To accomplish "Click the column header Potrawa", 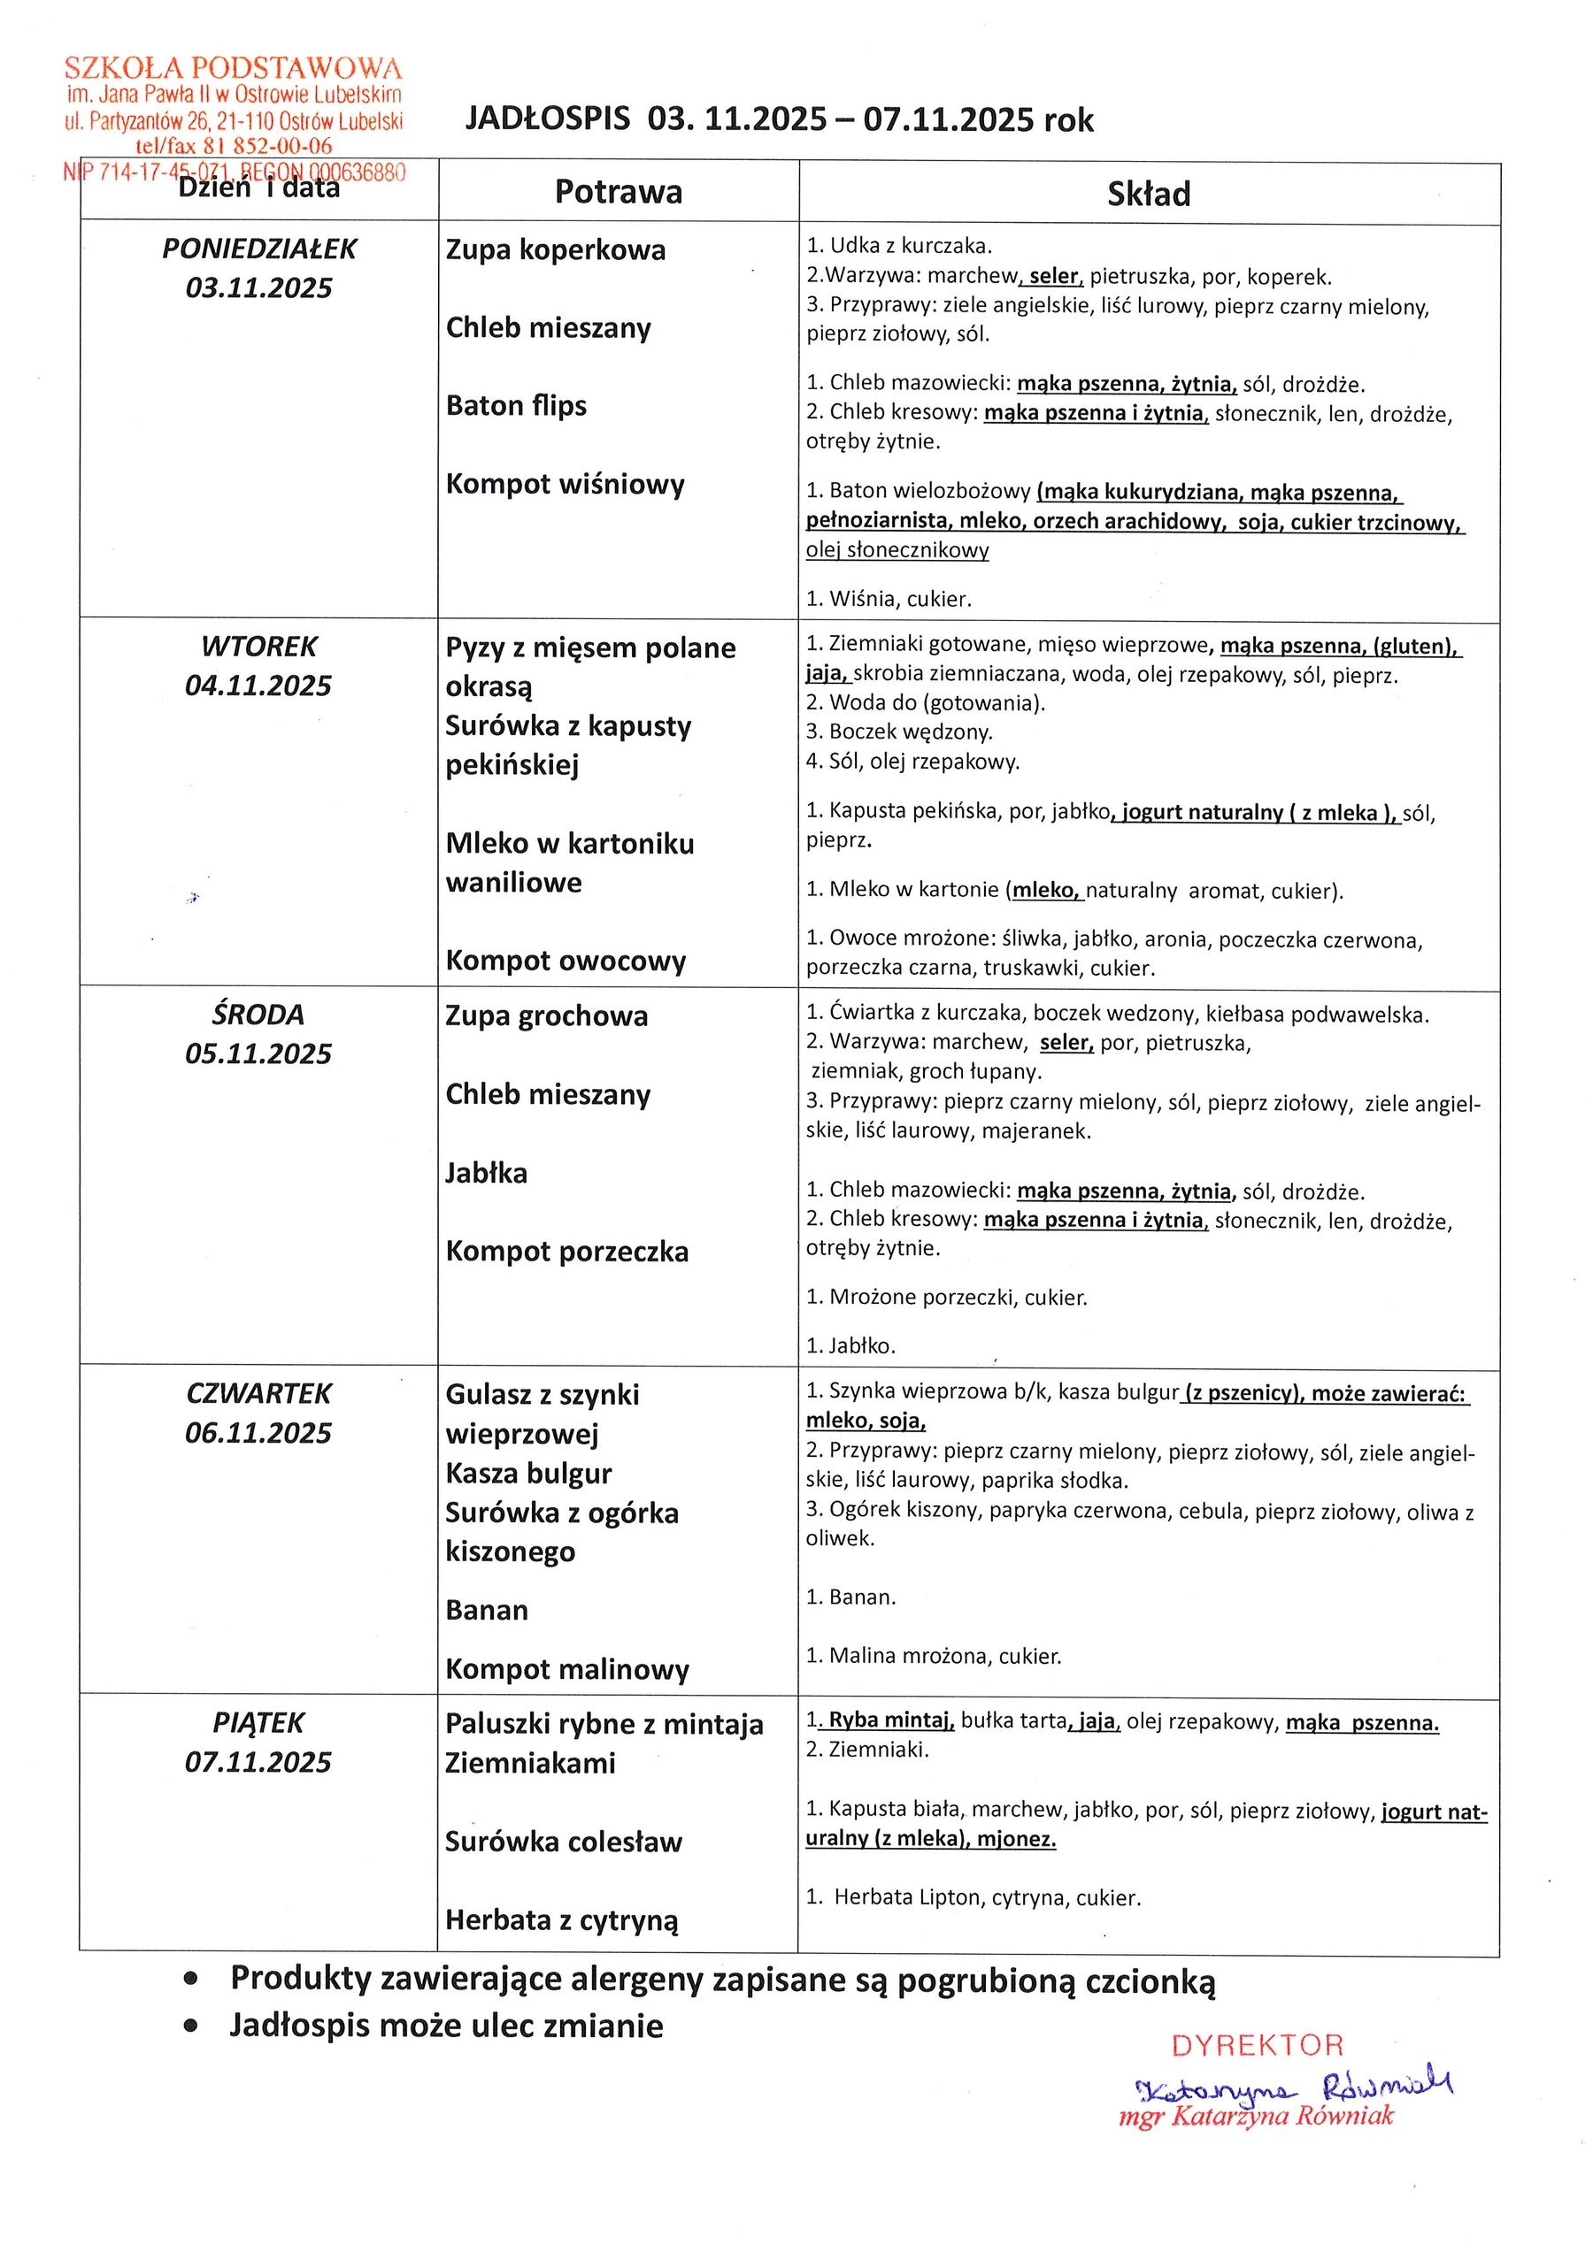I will (618, 191).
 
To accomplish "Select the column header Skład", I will (1148, 194).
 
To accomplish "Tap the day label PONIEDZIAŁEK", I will (259, 249).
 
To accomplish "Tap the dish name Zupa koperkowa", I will (555, 250).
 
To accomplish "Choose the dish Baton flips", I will (516, 405).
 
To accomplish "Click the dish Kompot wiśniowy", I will (566, 485).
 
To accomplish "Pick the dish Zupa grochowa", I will (546, 1015).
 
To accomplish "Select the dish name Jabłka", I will (487, 1172).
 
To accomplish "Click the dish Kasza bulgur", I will (528, 1474).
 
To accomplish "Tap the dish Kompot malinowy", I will (567, 1669).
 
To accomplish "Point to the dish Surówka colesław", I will (563, 1842).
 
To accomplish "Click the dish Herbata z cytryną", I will (561, 1919).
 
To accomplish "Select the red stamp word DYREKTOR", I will (1258, 2045).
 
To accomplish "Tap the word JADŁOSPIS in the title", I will (548, 119).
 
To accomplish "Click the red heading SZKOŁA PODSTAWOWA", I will (234, 68).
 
